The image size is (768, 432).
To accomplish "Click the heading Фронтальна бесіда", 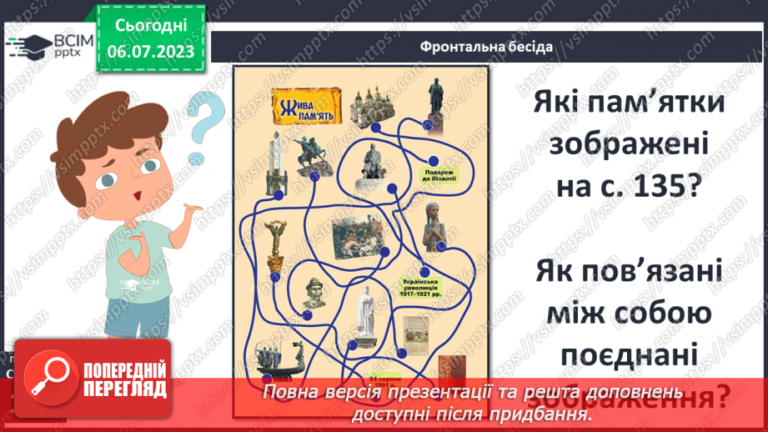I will tap(487, 46).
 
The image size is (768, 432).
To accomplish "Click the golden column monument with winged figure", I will tap(273, 242).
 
